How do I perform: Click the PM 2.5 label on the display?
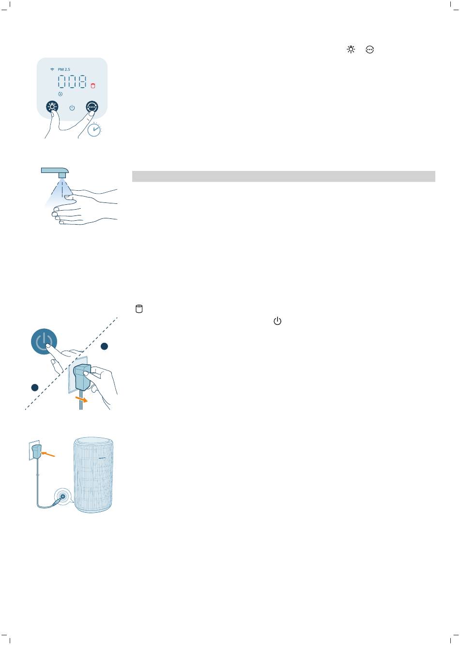63,69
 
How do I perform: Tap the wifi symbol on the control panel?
52,69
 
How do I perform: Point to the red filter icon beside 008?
92,86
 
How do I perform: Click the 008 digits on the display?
72,81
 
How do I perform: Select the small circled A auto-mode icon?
60,94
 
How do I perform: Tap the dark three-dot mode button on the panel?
92,107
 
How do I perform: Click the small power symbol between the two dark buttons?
72,107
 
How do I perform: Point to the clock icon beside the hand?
94,130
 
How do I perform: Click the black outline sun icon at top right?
351,49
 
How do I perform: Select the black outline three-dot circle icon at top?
369,49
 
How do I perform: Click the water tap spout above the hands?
55,172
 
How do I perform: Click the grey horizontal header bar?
284,176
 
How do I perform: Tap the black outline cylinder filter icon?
139,308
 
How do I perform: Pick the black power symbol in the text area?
277,321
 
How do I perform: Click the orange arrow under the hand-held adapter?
81,399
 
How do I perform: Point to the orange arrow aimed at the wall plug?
48,454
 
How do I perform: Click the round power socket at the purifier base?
62,496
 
